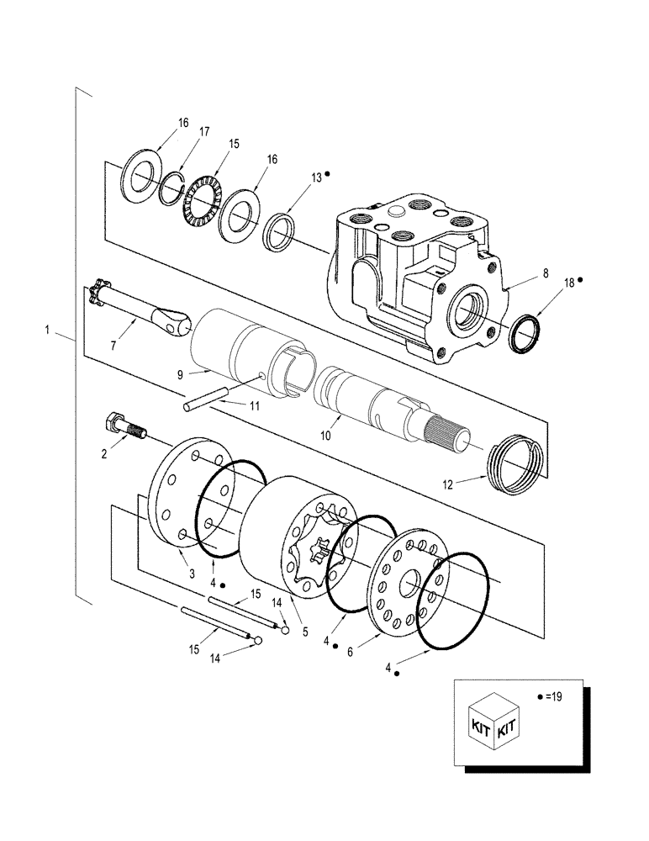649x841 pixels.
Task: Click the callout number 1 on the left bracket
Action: tap(48, 331)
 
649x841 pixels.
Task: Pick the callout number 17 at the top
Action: tap(204, 132)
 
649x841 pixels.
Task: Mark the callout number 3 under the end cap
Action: tap(192, 574)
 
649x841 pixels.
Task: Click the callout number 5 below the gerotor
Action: tap(304, 630)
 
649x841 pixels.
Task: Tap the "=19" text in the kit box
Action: tap(552, 696)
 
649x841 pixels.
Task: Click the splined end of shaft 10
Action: tap(450, 436)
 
